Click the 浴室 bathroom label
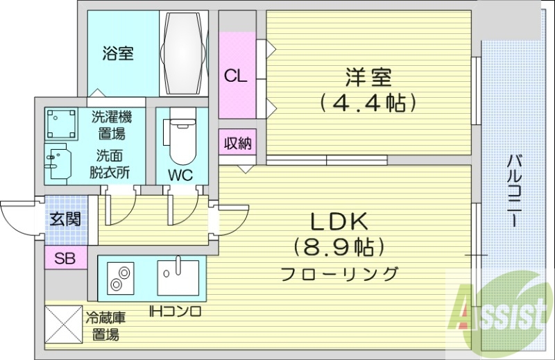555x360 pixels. [118, 53]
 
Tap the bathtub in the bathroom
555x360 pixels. [184, 53]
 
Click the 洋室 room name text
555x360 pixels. [367, 76]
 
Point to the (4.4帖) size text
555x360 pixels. [368, 103]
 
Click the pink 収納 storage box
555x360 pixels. [237, 144]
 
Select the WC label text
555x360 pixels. [180, 174]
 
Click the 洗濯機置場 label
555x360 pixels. [111, 125]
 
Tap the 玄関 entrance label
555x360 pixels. [65, 219]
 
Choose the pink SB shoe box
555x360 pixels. [65, 259]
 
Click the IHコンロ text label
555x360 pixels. [175, 311]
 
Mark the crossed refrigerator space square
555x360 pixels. [63, 326]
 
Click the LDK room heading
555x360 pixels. [339, 221]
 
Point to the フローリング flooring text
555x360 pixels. [340, 273]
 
